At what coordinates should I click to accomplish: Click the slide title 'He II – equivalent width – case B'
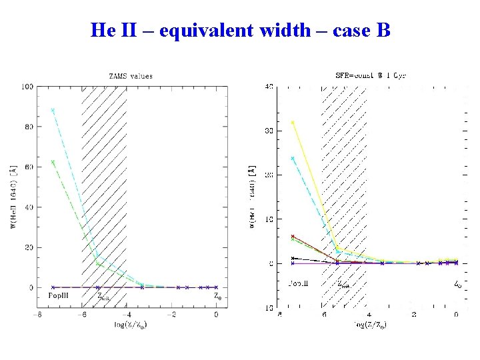tap(240, 30)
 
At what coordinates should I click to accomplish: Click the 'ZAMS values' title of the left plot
tap(130, 76)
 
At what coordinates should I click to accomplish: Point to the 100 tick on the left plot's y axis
tap(27, 87)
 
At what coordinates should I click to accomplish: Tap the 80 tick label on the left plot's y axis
tap(29, 127)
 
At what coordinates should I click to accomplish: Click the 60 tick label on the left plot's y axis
tap(29, 167)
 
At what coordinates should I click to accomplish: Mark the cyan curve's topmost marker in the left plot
tap(53, 111)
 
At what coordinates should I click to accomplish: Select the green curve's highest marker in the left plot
tap(53, 162)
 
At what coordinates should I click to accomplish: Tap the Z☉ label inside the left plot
tap(217, 296)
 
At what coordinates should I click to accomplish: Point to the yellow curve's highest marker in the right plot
tap(293, 123)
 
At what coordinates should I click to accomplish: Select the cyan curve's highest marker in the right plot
tap(293, 159)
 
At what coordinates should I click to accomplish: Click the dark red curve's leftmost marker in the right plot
tap(293, 236)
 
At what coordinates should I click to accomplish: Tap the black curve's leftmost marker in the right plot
tap(293, 258)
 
